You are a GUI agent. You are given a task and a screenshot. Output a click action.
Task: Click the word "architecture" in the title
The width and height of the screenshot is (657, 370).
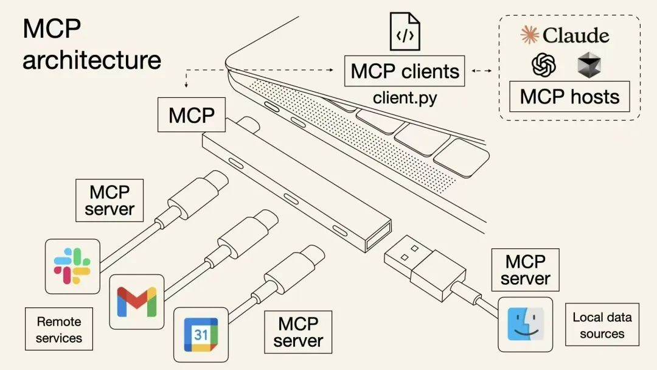(x=92, y=60)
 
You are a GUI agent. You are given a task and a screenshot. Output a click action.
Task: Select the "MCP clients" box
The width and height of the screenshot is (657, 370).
(x=405, y=71)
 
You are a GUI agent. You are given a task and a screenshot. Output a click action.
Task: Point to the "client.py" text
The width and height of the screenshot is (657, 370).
(x=405, y=97)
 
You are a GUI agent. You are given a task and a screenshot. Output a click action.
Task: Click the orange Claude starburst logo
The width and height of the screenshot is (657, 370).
(x=530, y=35)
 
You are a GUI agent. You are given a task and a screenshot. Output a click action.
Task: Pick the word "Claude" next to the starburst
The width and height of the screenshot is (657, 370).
(x=575, y=35)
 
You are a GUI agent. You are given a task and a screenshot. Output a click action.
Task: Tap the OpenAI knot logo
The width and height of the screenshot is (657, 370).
(x=544, y=65)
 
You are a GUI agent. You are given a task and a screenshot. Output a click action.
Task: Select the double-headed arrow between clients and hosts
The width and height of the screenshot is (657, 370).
(x=482, y=71)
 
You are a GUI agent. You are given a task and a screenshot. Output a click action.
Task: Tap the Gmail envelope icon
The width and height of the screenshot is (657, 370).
(x=137, y=301)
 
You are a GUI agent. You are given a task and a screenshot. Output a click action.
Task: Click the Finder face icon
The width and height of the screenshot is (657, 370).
(x=525, y=324)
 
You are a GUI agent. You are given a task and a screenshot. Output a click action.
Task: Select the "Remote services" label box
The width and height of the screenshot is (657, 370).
(x=59, y=329)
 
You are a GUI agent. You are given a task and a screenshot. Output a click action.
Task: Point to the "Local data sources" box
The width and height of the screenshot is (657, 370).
(x=602, y=325)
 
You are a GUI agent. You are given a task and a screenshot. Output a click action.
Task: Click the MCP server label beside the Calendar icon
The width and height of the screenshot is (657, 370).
(x=297, y=332)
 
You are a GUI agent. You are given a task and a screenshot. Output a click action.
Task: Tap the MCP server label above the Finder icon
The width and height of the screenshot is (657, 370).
(x=525, y=270)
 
